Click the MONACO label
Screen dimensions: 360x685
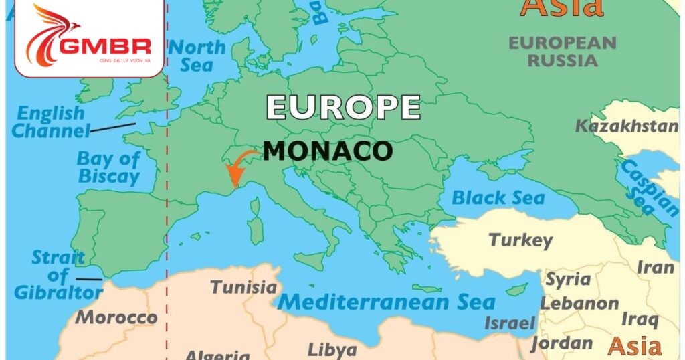[327, 151]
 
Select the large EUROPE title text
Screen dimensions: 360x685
[343, 108]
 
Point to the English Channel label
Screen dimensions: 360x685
[51, 122]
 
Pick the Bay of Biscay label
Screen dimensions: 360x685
[108, 167]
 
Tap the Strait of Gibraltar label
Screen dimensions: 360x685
[59, 275]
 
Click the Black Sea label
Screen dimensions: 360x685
[498, 198]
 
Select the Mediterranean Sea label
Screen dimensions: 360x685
[386, 302]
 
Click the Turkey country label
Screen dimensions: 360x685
[520, 240]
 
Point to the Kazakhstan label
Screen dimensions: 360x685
[627, 126]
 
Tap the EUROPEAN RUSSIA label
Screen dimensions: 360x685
[562, 52]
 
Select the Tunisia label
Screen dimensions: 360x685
[243, 288]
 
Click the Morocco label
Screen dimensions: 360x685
[116, 317]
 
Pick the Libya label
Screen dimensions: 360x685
[332, 349]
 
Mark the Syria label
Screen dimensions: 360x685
[569, 279]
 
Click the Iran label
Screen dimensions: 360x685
[655, 267]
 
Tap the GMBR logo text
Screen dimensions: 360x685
[106, 46]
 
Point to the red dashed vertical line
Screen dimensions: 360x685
[167, 201]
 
